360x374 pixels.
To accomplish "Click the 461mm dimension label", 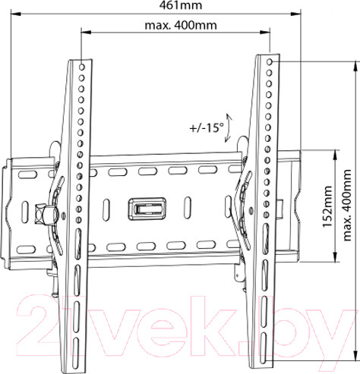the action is [x=180, y=5].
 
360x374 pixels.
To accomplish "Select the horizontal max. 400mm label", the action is [x=181, y=26].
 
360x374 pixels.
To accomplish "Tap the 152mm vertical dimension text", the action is [x=327, y=206].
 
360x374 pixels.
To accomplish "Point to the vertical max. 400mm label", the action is [x=347, y=205].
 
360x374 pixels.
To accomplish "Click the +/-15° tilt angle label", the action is [x=207, y=128].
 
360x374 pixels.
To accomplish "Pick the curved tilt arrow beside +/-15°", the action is [x=229, y=128].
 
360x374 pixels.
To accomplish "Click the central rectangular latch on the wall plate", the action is [x=147, y=209].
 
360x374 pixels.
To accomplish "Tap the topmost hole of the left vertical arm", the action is [x=82, y=67].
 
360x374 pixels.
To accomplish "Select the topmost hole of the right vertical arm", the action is [x=270, y=61].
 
